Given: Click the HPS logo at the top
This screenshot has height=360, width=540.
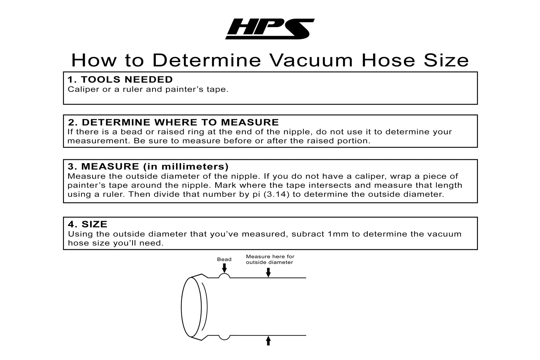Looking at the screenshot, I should (270, 29).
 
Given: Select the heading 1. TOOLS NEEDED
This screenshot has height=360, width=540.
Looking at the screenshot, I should (120, 80).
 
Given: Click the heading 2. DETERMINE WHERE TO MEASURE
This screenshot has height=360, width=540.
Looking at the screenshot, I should (173, 122).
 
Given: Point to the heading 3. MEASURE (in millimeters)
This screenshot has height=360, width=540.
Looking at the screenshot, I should (148, 167).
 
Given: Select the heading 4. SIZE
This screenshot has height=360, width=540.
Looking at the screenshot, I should (88, 224).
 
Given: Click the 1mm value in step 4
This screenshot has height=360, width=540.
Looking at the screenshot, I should (338, 234).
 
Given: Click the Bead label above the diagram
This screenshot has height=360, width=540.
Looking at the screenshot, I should (224, 260).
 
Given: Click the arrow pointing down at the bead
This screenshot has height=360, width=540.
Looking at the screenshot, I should (224, 268).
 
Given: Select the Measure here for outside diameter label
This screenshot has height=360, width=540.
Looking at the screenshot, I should (270, 260).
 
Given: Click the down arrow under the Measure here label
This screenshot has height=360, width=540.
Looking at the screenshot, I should (268, 273).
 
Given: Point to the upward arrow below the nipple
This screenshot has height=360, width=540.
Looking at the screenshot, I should (268, 341).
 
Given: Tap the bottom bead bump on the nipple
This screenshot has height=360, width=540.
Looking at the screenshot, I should (224, 337).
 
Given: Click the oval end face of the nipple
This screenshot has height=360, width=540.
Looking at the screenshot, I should (191, 307).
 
